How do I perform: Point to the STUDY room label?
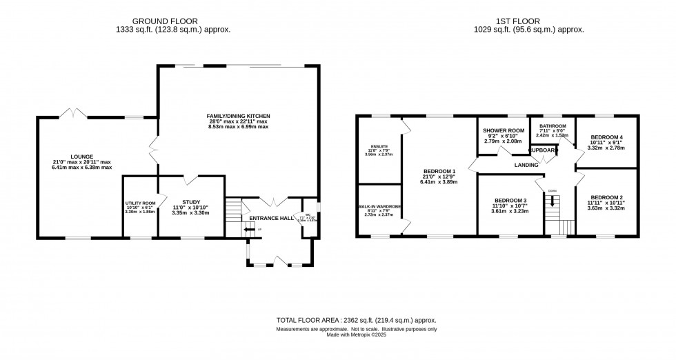tap(191, 202)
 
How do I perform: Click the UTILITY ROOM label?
tap(139, 203)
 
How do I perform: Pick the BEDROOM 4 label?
tap(608, 137)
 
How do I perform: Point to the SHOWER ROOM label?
tap(504, 130)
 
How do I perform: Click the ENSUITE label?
tap(379, 146)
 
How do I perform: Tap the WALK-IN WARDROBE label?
tap(379, 207)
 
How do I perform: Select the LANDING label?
tap(526, 166)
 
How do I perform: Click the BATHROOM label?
tap(553, 126)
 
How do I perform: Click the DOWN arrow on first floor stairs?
tap(553, 201)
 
